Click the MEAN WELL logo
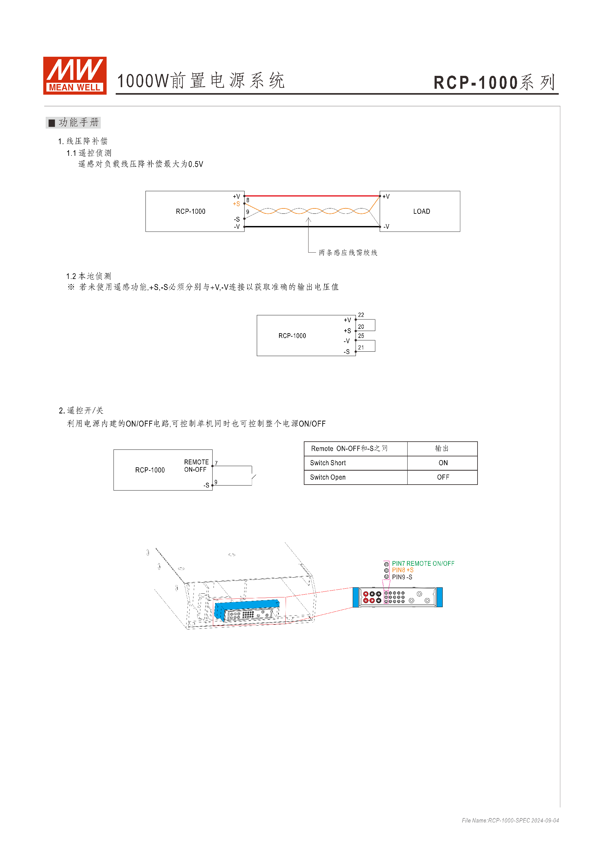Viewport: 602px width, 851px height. [x=75, y=76]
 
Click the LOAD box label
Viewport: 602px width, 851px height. [x=421, y=211]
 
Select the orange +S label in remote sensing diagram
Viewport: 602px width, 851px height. [x=236, y=204]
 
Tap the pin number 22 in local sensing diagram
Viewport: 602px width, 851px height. [x=361, y=315]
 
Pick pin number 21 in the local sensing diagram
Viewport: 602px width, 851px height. [x=361, y=347]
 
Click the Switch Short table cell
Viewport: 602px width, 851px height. [x=328, y=463]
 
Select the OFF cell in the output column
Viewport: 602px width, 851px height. [x=443, y=477]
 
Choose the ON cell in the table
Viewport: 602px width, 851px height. [x=443, y=463]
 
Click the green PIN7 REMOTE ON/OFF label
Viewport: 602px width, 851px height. [x=423, y=563]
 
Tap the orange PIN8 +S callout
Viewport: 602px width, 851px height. [x=403, y=570]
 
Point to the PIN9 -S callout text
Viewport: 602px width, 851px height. [x=402, y=577]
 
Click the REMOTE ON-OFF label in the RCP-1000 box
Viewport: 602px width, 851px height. [x=196, y=466]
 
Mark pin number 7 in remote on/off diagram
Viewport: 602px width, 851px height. [x=216, y=463]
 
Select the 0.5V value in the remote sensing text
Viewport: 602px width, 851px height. [x=196, y=164]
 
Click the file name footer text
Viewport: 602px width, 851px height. [x=510, y=821]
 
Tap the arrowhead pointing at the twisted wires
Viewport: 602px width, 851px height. [x=308, y=220]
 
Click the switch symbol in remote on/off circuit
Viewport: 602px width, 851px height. [x=254, y=477]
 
